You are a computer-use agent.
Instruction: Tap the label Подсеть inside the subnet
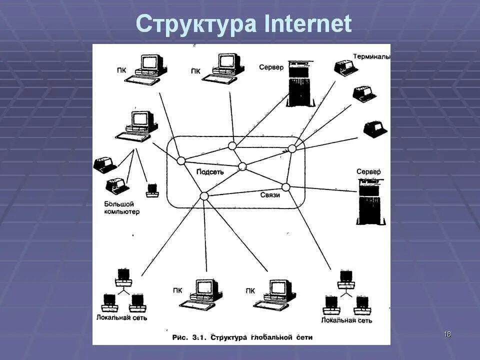coord(210,172)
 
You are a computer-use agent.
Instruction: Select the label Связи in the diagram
coord(270,195)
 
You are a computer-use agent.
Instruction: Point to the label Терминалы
coord(371,56)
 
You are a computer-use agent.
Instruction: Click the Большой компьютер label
coord(121,207)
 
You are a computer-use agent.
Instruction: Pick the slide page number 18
coord(447,334)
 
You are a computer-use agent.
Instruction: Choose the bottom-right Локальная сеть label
coord(346,320)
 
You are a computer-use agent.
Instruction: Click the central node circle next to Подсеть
coord(242,166)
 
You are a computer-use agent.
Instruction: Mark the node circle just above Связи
coord(286,187)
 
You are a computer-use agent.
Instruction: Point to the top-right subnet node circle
coord(292,148)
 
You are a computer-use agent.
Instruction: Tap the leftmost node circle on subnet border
coord(181,161)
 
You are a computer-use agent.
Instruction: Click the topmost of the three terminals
coord(345,67)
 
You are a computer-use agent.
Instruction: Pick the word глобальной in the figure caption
coord(271,337)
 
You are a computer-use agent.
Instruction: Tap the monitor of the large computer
coord(140,119)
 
